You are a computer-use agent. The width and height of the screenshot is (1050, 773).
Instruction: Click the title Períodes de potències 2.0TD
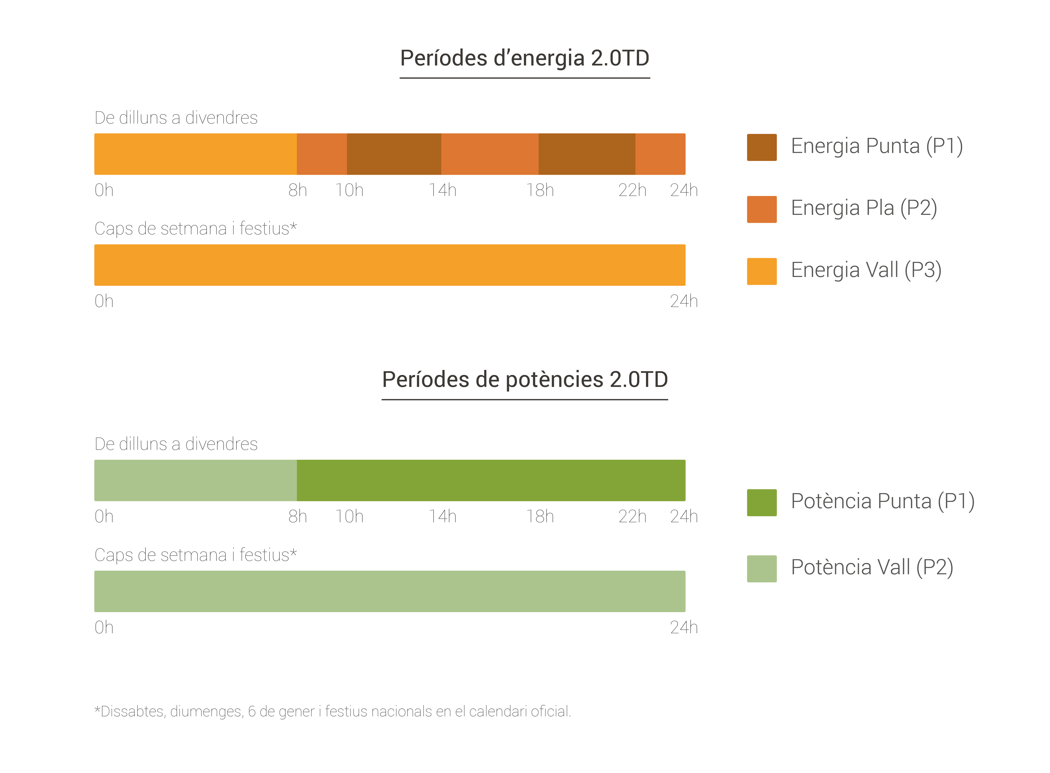coord(524,380)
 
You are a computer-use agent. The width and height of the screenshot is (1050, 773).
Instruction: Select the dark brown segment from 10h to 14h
coord(394,154)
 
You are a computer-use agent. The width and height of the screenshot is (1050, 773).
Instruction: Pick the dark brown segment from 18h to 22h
coord(587,154)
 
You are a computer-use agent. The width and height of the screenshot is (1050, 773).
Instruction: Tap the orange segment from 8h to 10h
coord(322,154)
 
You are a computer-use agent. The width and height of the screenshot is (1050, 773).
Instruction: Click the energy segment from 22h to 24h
coord(660,154)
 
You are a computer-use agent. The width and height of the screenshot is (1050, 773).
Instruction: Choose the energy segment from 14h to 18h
coord(490,154)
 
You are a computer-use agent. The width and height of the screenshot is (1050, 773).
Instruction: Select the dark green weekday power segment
coord(491,480)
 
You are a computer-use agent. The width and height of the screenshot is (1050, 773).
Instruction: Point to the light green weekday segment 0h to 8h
coord(195,480)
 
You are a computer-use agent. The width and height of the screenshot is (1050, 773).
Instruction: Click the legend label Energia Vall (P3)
coord(866,270)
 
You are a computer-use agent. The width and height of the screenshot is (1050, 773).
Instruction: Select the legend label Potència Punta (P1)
coord(882,501)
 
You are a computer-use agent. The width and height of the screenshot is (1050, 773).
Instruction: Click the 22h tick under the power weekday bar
coord(632,517)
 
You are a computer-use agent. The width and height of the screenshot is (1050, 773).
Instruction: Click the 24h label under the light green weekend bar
coord(683,627)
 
